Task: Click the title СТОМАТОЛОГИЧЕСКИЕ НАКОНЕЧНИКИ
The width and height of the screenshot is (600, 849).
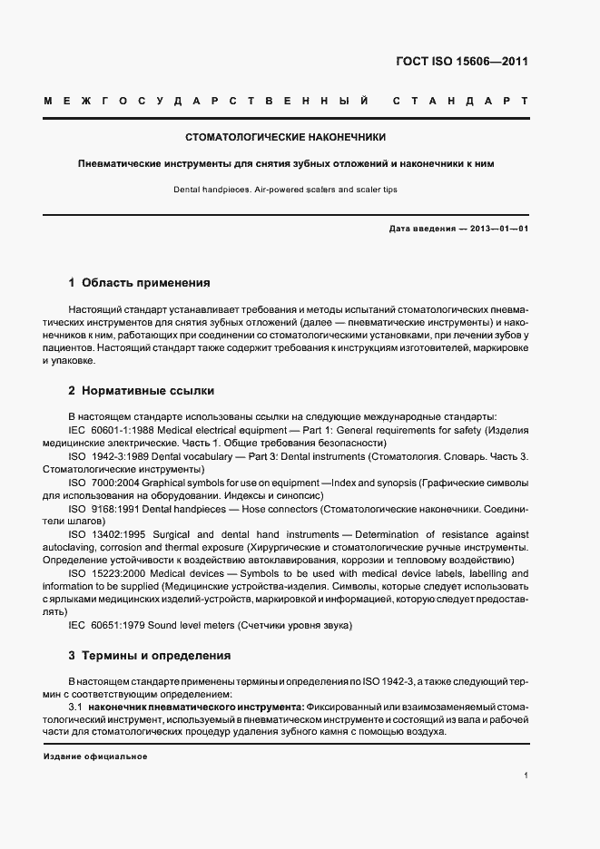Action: coord(285,138)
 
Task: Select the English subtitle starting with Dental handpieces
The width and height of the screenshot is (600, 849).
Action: coord(285,190)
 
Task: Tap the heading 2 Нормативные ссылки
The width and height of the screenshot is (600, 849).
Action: coord(142,391)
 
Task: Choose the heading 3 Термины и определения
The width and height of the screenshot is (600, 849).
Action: coord(150,655)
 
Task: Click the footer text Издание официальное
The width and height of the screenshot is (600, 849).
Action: coord(95,756)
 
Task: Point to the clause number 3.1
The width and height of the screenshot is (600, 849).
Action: coord(76,706)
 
